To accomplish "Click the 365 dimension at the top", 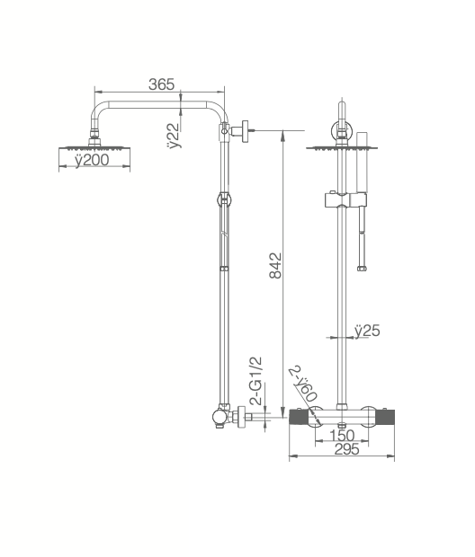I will (160, 84).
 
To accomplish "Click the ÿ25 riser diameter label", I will (366, 331).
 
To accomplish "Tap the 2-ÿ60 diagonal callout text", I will (303, 384).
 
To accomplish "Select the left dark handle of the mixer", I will (299, 417).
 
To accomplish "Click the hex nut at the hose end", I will (362, 266).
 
